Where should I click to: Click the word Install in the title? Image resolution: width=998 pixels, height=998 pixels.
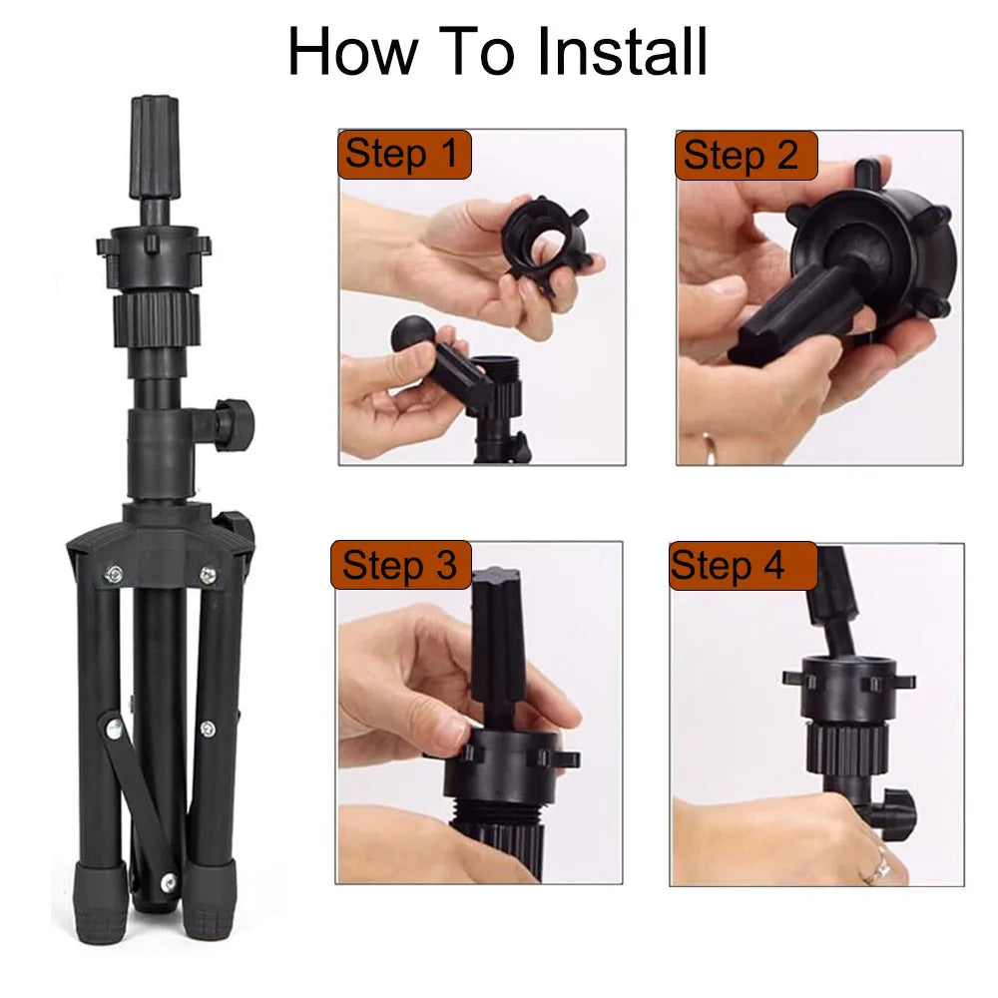(623, 51)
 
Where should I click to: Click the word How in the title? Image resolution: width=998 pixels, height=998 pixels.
(352, 52)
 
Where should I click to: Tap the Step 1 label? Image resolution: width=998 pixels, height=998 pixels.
(404, 155)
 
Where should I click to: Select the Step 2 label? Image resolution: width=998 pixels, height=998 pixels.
(746, 156)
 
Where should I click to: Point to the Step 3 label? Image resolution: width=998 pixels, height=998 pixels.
(401, 565)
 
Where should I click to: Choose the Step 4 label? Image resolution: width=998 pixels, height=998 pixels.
(743, 566)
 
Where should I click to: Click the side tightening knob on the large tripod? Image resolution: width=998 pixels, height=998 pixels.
(233, 424)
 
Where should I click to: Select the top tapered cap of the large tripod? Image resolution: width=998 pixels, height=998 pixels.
(156, 148)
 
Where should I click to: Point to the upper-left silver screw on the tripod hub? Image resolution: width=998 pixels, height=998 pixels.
(115, 574)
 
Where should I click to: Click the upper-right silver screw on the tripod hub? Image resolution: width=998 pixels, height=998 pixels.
(208, 575)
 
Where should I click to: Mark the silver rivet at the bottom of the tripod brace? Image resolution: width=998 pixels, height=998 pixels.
(169, 881)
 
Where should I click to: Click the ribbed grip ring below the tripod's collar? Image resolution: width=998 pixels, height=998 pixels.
(157, 317)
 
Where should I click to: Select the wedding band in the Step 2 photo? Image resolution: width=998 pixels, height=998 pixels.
(709, 446)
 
